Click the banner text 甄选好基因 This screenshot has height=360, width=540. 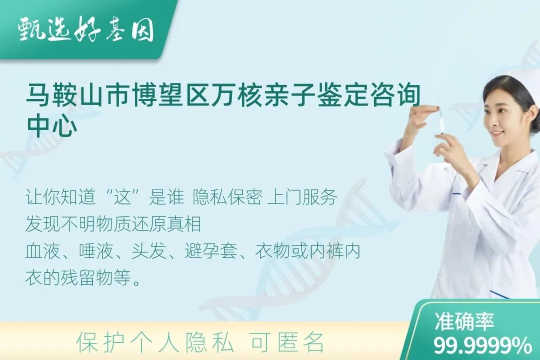coord(85,30)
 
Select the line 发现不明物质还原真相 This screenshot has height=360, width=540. coord(113,224)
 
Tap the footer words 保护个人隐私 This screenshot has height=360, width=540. coord(155,342)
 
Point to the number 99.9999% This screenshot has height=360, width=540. coord(482,345)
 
